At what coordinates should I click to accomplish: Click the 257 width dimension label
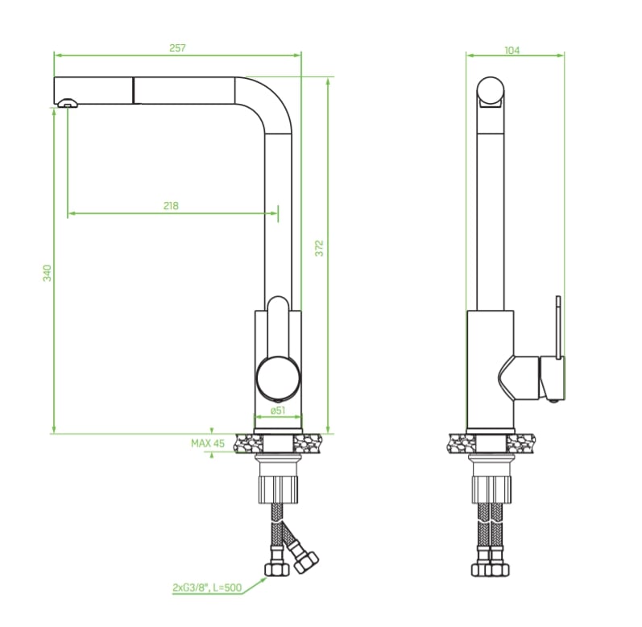click(x=177, y=47)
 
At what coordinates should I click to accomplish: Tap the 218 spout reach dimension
click(x=171, y=206)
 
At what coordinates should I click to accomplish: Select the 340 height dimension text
click(x=48, y=273)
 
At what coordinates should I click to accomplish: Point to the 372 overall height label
click(x=319, y=248)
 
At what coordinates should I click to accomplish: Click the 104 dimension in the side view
click(x=512, y=50)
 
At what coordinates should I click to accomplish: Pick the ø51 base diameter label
click(x=278, y=410)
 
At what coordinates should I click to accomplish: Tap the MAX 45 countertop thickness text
click(x=208, y=443)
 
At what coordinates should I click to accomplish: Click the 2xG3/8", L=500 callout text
click(x=207, y=588)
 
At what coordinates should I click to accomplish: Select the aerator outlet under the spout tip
click(x=67, y=103)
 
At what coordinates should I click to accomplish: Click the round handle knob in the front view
click(x=279, y=377)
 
